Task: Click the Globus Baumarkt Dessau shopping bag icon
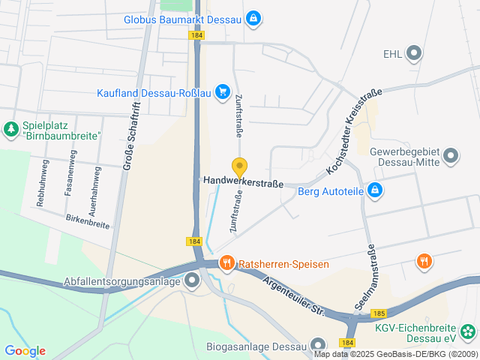coord(254,17)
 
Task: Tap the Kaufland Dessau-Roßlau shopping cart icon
coord(222,92)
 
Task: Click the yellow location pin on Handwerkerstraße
coord(240,167)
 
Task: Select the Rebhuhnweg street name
coord(43,183)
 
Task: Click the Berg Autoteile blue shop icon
coord(376,191)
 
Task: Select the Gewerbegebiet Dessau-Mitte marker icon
coord(451,157)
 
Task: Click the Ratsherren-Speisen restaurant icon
coord(226,263)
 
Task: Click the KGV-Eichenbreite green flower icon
coord(468,331)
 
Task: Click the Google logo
coord(25,351)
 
